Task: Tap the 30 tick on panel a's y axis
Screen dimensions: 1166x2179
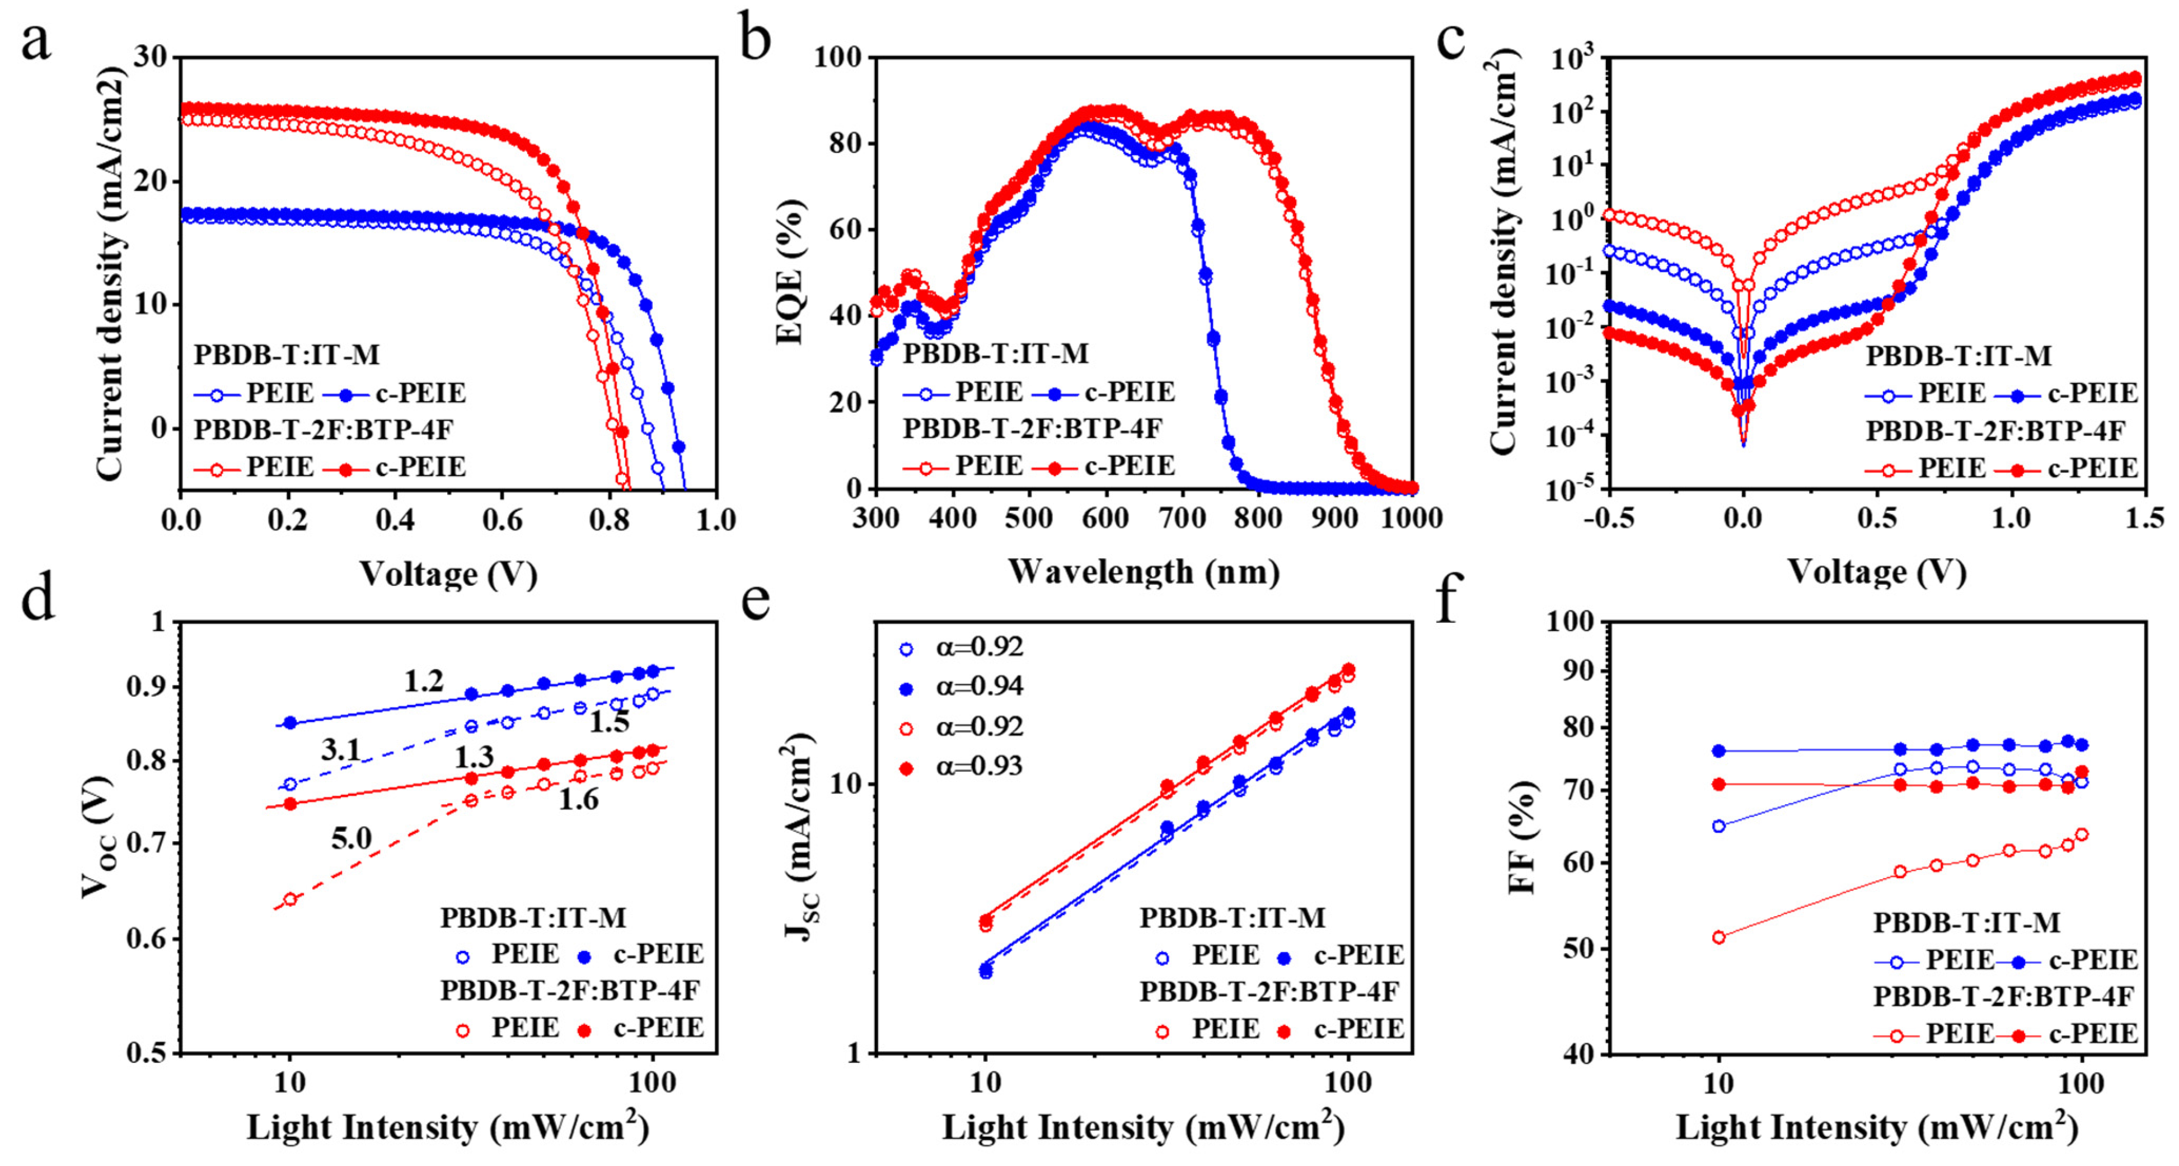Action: tap(152, 58)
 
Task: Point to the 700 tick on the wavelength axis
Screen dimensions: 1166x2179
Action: tap(1181, 518)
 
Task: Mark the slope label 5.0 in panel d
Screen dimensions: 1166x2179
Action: tap(351, 838)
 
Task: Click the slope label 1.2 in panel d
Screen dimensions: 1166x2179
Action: tap(423, 680)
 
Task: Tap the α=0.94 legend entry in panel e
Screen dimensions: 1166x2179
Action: tap(963, 685)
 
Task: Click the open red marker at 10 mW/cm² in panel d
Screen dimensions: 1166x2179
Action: tap(290, 899)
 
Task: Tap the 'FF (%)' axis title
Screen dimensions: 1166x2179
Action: tap(1522, 836)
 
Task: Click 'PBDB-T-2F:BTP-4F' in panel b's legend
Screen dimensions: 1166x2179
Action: tap(1032, 428)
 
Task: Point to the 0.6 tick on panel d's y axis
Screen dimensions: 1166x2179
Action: tap(146, 939)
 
